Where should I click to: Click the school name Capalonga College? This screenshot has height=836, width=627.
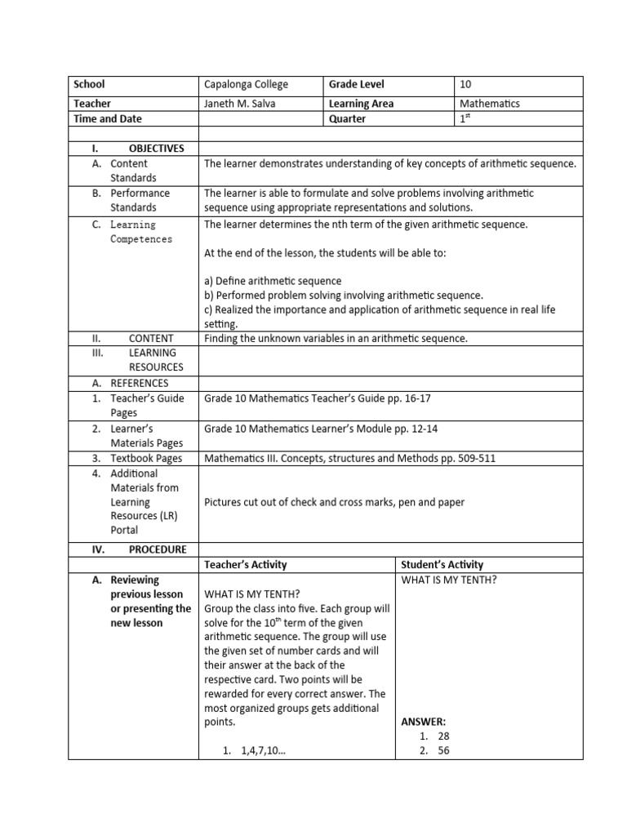[x=246, y=84]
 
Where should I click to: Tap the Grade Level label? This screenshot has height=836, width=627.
[x=356, y=84]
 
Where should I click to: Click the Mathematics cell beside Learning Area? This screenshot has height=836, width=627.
[x=490, y=104]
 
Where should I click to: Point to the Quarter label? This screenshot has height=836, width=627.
[x=347, y=118]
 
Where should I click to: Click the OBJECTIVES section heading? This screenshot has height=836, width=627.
[x=156, y=148]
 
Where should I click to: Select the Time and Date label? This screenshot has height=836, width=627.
[x=108, y=118]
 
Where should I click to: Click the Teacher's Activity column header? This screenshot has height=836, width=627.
[x=246, y=564]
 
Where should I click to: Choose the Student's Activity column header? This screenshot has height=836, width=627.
[x=442, y=564]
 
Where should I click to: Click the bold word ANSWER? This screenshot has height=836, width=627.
[x=424, y=722]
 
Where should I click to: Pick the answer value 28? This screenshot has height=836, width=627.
[x=443, y=736]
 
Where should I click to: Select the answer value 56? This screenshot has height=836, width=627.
[x=443, y=752]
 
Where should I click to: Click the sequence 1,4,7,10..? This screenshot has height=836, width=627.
[x=264, y=752]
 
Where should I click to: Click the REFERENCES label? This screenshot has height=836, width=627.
[x=140, y=383]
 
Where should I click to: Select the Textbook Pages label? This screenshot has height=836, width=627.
[x=146, y=458]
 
